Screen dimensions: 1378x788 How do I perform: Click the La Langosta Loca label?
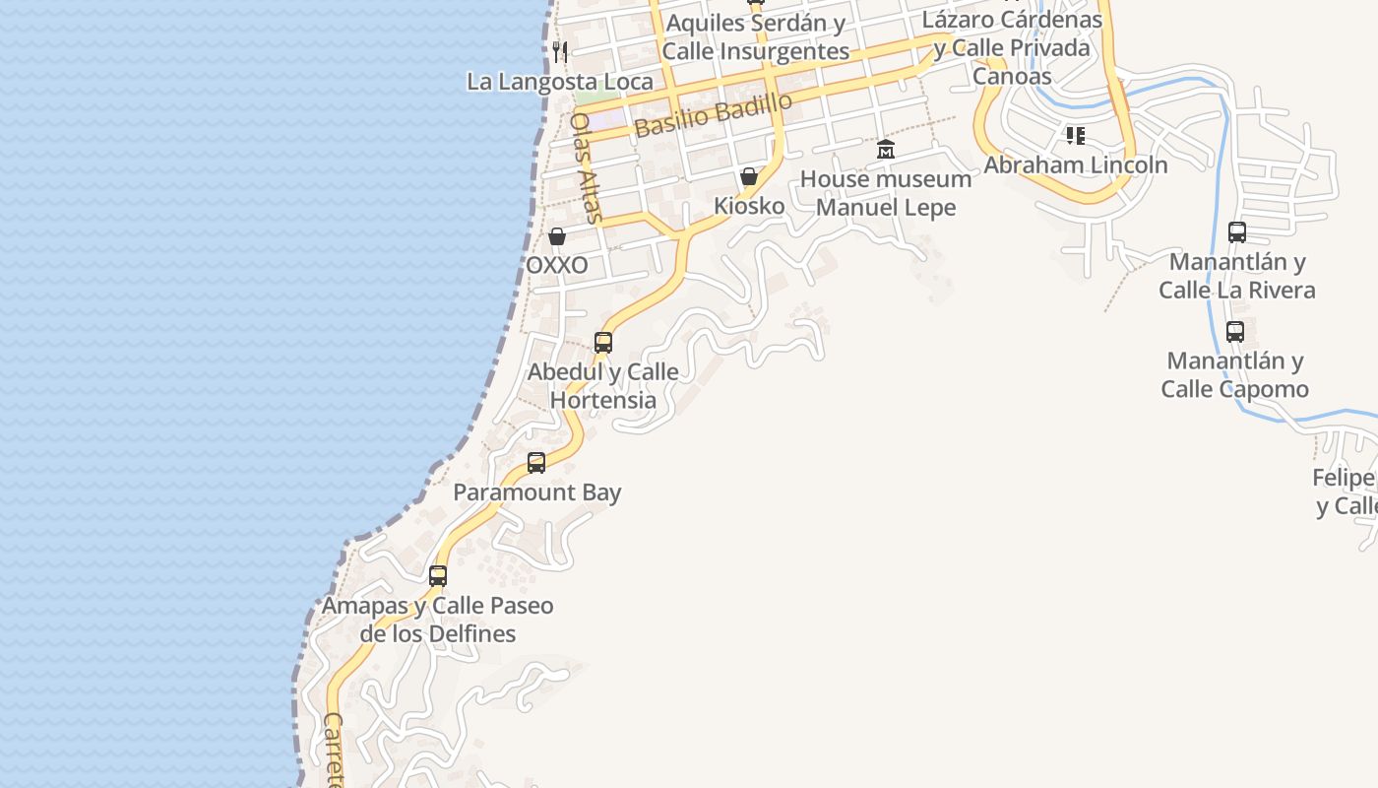click(559, 82)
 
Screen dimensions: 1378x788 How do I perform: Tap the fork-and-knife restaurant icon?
click(560, 51)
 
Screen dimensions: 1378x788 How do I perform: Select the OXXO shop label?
click(557, 265)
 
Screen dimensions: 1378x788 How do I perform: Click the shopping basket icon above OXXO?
click(557, 236)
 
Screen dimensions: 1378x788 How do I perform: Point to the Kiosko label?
click(749, 206)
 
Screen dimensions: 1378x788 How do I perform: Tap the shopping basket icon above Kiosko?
click(749, 177)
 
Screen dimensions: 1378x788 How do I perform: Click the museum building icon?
click(886, 150)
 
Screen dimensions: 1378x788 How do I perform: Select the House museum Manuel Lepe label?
click(886, 193)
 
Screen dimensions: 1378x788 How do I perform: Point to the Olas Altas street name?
click(586, 167)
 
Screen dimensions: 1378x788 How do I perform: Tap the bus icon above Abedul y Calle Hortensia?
click(603, 343)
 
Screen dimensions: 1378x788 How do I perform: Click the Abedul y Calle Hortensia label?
click(603, 386)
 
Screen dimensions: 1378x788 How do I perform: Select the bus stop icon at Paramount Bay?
click(536, 462)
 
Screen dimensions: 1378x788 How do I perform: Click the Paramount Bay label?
click(537, 492)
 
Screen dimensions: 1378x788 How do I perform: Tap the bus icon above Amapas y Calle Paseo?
click(438, 575)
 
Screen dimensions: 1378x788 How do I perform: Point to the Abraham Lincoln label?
click(1076, 164)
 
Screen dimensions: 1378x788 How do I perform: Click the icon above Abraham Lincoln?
click(1076, 135)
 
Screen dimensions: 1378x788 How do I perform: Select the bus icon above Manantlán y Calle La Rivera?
click(1237, 232)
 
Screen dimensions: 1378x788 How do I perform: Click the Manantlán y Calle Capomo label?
click(1235, 375)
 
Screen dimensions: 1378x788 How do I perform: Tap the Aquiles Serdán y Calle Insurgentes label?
click(755, 37)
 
